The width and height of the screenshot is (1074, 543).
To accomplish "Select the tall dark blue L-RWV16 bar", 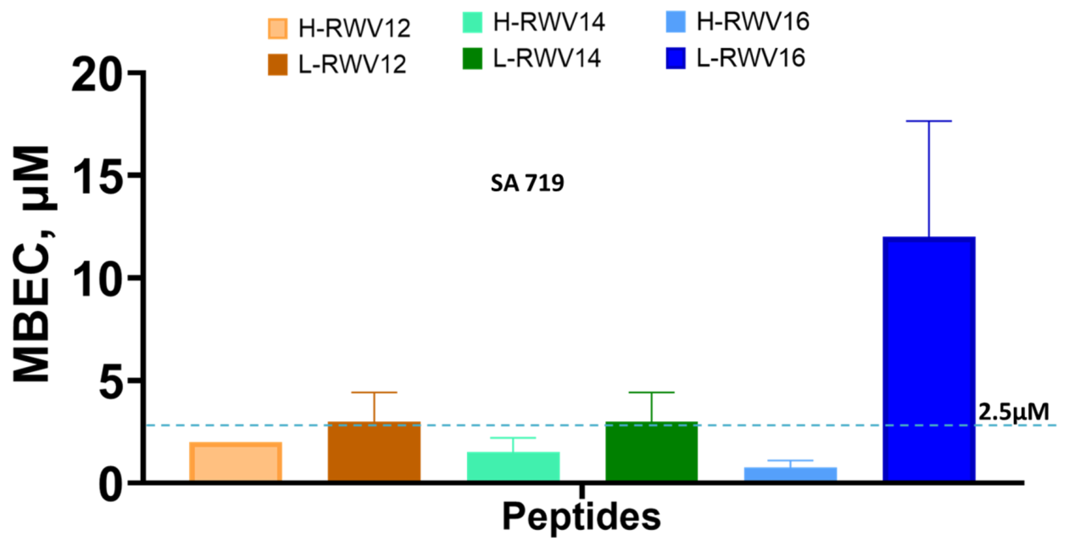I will tap(929, 359).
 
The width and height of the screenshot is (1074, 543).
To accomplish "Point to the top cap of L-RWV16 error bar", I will tap(929, 121).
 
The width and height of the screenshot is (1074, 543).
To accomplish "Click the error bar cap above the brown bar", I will tap(374, 392).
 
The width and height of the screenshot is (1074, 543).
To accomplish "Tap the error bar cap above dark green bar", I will tap(651, 392).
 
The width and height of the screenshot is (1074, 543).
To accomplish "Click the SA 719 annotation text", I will tap(527, 183).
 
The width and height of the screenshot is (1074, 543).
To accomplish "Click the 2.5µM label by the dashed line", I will tap(1013, 412).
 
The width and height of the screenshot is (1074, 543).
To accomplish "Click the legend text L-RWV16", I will tap(751, 58).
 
